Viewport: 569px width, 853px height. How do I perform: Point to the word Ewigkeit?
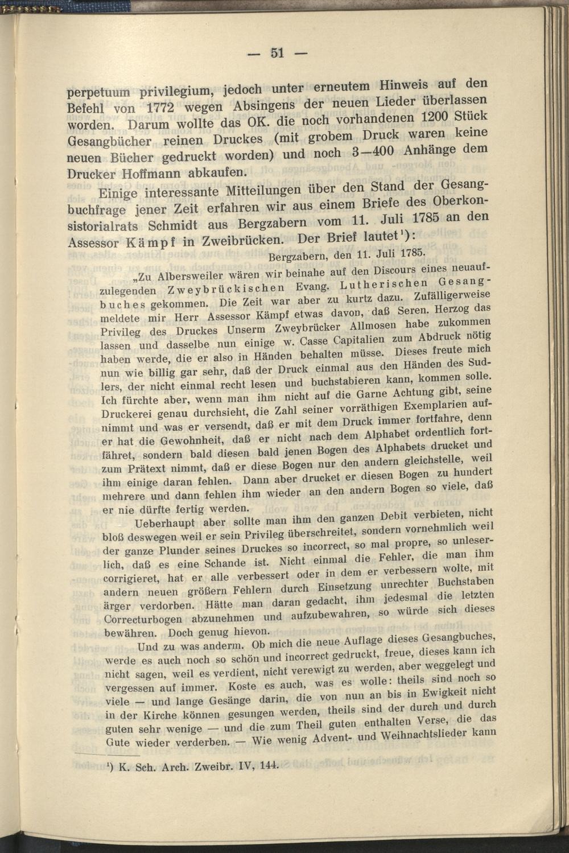click(x=446, y=694)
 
